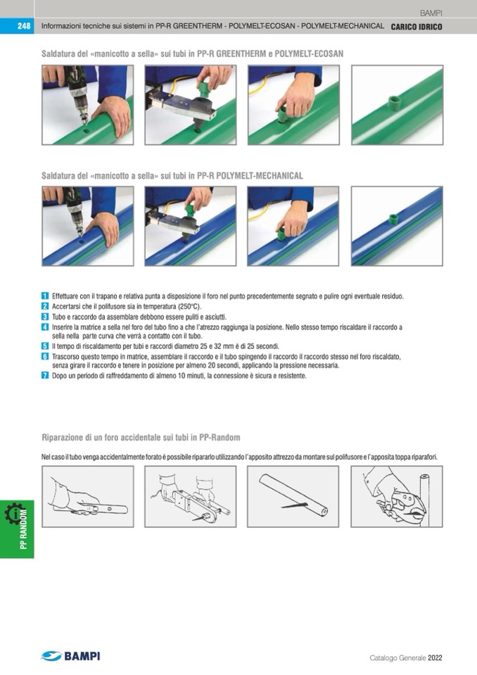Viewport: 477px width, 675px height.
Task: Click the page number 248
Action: (24, 26)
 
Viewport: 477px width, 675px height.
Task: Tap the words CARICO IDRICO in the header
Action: (416, 27)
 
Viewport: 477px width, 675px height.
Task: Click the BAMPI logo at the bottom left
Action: (70, 656)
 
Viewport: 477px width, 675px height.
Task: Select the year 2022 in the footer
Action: (435, 658)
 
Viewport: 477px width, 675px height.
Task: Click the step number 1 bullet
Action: (45, 296)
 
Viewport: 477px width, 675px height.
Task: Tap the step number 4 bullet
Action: (45, 327)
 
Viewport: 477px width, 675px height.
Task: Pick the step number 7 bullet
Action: (45, 375)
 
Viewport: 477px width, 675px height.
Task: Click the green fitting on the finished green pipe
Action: (393, 103)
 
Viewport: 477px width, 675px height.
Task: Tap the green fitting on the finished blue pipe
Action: (393, 219)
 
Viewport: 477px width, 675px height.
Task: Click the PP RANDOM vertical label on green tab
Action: (24, 529)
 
